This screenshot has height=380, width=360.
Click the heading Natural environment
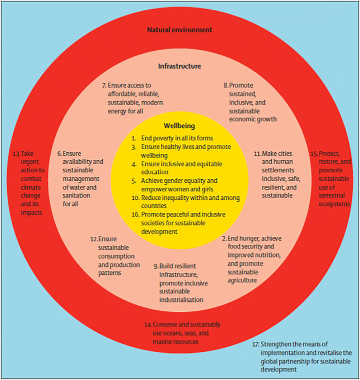tap(179, 30)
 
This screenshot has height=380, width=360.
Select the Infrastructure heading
tap(179, 66)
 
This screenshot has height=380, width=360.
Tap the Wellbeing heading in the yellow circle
tap(179, 126)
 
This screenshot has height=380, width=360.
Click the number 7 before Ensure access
tap(103, 85)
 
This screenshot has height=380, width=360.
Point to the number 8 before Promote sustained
tap(225, 85)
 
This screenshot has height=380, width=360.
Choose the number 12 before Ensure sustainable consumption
tap(93, 239)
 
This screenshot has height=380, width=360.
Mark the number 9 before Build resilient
tap(155, 264)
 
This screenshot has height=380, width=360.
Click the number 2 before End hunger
tap(224, 239)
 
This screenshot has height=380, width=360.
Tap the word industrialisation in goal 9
tap(180, 300)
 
